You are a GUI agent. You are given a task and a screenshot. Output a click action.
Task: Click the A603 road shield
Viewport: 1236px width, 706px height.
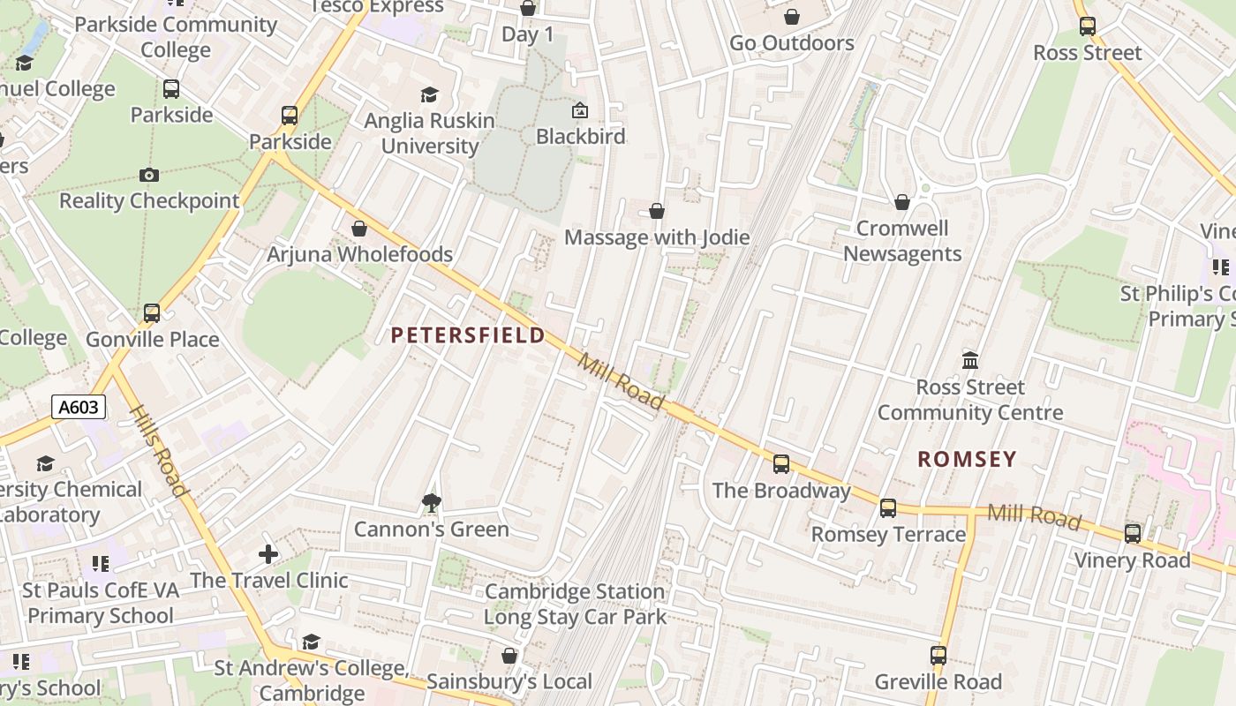pos(79,407)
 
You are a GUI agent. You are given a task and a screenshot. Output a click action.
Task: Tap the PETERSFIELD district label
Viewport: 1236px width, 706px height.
pos(468,335)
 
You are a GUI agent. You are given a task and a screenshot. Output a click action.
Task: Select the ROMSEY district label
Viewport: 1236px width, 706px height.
pos(967,459)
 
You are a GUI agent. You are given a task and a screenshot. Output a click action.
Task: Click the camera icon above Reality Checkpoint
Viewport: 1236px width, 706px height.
pos(149,176)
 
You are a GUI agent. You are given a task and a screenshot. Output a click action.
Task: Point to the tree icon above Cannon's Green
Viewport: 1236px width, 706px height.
pos(431,503)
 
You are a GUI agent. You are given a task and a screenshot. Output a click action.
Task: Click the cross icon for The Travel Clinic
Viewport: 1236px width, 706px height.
pos(268,554)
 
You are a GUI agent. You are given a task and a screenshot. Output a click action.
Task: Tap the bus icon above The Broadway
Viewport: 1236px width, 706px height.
pos(781,464)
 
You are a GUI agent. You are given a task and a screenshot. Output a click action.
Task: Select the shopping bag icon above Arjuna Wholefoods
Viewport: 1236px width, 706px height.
pos(359,229)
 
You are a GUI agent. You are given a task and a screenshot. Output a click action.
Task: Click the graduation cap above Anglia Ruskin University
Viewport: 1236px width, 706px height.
pos(429,94)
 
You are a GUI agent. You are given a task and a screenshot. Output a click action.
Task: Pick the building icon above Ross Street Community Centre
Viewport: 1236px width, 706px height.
pos(970,360)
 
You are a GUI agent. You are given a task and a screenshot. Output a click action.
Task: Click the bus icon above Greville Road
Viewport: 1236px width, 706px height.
pos(938,656)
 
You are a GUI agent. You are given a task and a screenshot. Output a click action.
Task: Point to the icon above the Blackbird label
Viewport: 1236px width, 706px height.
pos(580,110)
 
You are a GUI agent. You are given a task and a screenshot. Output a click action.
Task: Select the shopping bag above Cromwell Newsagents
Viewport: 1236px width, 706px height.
pos(901,202)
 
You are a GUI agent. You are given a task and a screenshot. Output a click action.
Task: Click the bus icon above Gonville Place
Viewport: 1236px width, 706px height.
pos(152,313)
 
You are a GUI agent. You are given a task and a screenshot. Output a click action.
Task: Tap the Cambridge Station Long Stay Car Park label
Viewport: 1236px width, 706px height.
pos(575,605)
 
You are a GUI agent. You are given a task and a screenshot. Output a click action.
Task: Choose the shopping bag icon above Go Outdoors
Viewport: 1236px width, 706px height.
pos(792,17)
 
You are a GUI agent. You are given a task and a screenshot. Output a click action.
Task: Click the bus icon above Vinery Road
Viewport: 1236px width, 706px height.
pos(1133,534)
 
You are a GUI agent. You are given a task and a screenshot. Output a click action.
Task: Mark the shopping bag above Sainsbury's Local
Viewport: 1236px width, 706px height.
pos(509,656)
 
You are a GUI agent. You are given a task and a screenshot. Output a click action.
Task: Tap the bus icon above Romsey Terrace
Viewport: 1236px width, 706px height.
pos(888,508)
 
